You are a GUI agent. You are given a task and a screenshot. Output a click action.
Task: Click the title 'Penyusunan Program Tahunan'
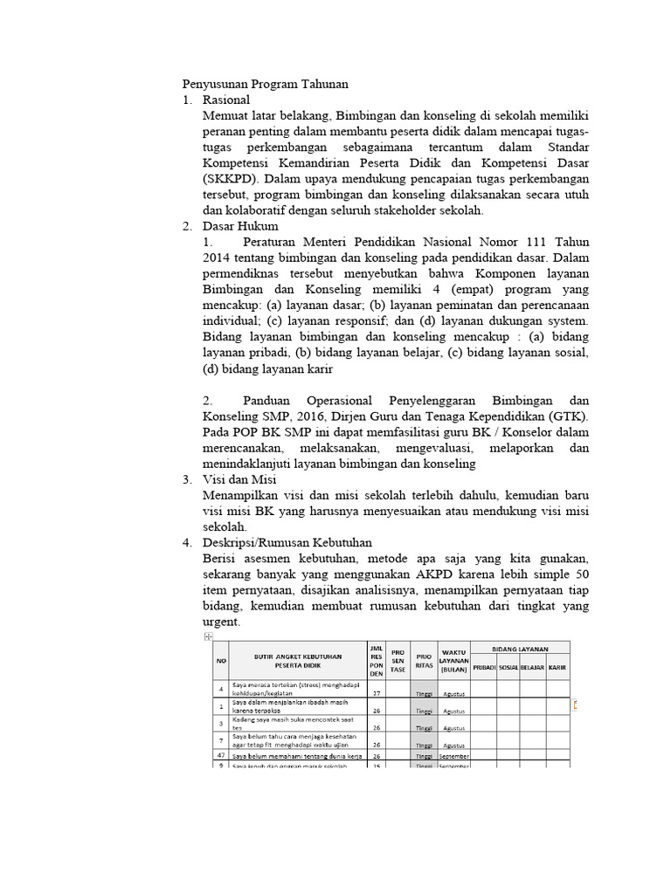coord(265,84)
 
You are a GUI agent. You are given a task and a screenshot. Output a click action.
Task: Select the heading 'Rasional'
coord(225,100)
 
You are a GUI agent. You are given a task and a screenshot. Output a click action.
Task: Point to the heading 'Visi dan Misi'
coord(239,480)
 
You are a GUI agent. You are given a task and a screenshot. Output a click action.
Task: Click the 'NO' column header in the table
coord(220,660)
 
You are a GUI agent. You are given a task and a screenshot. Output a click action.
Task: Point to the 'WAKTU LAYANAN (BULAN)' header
coord(452,660)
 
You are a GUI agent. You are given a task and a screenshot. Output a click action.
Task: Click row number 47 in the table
coord(220,756)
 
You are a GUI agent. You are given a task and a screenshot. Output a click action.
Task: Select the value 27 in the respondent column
coord(377,693)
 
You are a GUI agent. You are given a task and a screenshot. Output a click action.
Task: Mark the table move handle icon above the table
coord(208,638)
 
